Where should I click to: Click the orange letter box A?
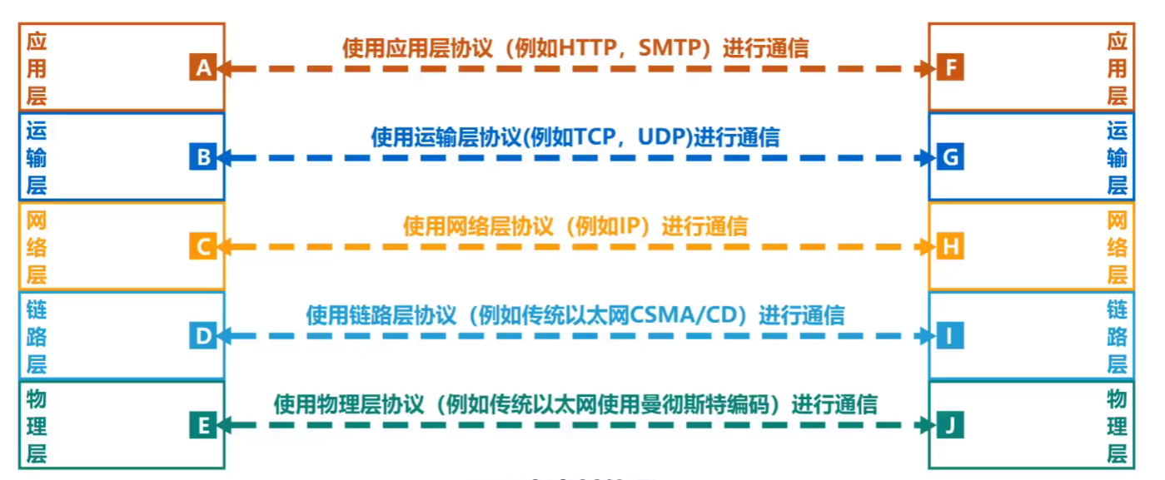coord(202,67)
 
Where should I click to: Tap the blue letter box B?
coord(202,156)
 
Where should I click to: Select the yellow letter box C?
coord(202,246)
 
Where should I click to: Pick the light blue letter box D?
coord(202,336)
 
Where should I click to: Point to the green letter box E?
coord(202,426)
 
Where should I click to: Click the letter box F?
coord(950,67)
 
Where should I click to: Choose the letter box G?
coord(950,156)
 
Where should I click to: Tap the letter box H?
coord(950,246)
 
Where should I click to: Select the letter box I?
coord(950,336)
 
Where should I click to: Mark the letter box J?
coord(950,426)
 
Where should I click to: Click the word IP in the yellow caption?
coord(628,226)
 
